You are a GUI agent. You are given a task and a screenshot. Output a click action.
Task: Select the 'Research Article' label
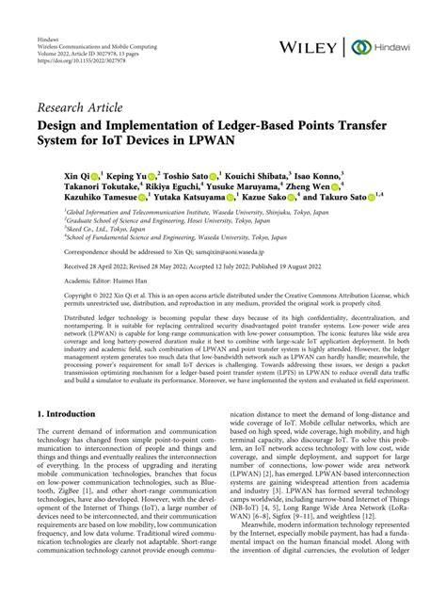tap(82, 106)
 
